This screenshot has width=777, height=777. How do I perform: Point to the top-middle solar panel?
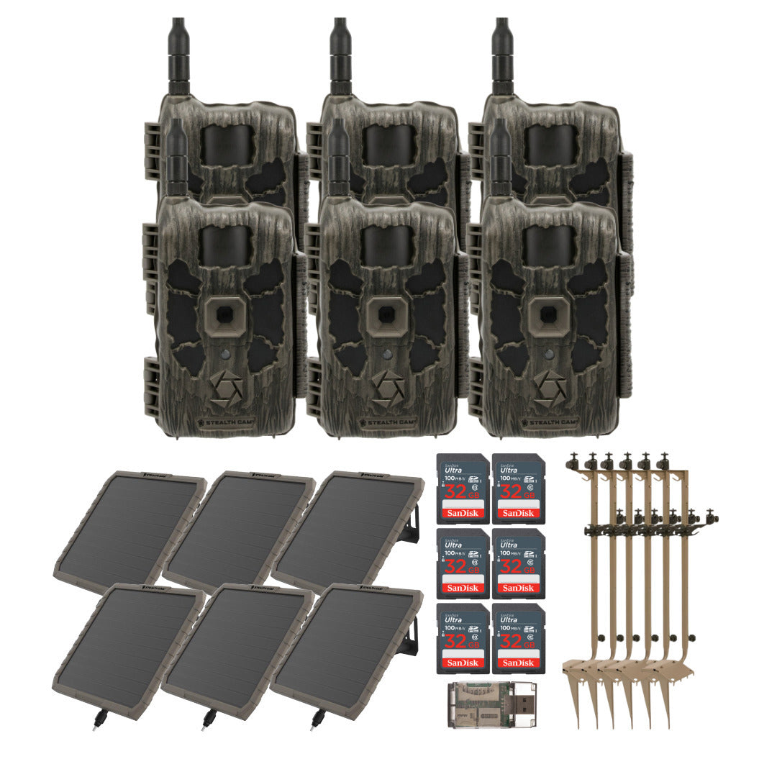[237, 529]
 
